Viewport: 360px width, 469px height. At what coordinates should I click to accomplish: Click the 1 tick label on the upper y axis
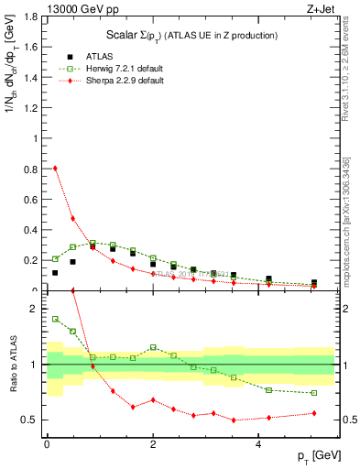[x=36, y=139]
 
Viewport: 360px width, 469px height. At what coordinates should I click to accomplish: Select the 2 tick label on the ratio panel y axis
[x=36, y=309]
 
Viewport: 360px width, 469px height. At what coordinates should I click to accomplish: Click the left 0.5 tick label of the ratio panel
[x=31, y=420]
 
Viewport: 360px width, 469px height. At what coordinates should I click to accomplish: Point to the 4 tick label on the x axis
[x=259, y=444]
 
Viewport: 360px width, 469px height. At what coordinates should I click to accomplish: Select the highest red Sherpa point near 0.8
[x=55, y=168]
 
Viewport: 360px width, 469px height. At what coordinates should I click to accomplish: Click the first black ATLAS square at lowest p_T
[x=55, y=272]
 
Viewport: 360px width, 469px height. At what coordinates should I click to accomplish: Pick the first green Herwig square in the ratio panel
[x=55, y=319]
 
